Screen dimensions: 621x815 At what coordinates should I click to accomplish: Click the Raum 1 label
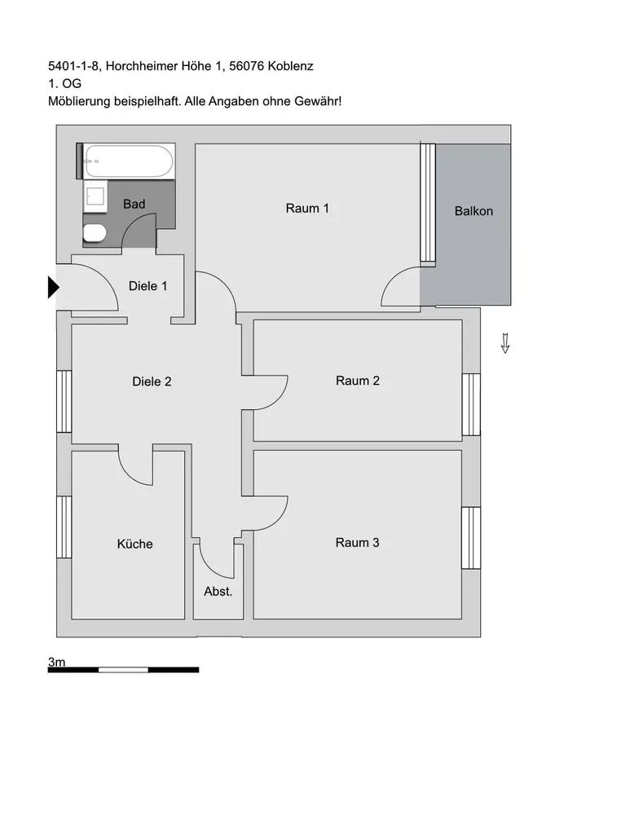(x=307, y=208)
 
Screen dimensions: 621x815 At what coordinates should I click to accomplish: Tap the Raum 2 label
(x=358, y=381)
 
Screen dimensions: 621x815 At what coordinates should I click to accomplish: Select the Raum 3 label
(x=358, y=542)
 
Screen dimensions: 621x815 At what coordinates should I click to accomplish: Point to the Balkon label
(x=473, y=211)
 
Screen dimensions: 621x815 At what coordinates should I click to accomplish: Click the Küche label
(x=135, y=544)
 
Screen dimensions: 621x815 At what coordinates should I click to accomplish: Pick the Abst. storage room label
(x=218, y=592)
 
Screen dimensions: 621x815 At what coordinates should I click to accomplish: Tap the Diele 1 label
(x=148, y=286)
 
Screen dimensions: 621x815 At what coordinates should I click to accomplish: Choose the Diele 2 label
(x=152, y=381)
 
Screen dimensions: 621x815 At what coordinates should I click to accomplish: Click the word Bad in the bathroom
(x=134, y=204)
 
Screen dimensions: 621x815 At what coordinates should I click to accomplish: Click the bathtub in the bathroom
(x=129, y=161)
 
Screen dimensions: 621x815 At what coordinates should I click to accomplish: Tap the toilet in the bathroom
(x=94, y=234)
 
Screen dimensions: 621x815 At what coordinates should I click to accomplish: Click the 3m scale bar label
(x=57, y=663)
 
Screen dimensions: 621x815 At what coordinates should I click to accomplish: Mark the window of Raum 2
(x=471, y=405)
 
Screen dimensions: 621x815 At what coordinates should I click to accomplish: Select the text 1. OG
(x=64, y=83)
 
